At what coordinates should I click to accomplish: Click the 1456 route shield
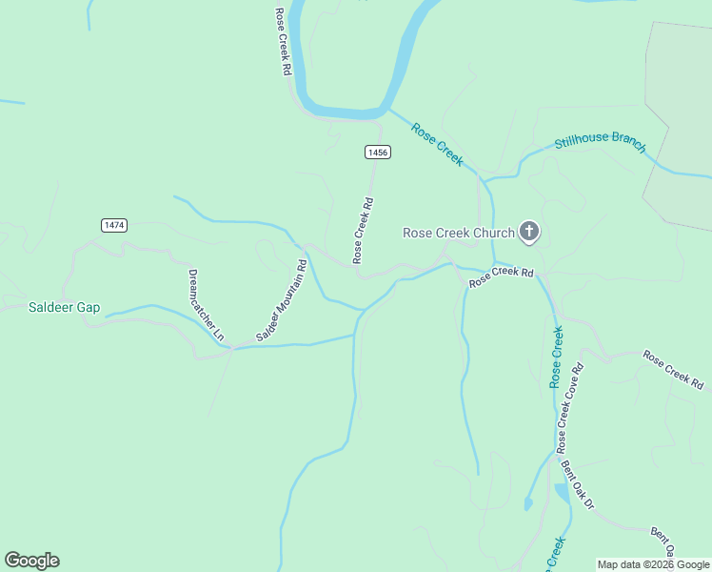pyautogui.click(x=378, y=153)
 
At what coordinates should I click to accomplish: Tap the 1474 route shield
pyautogui.click(x=114, y=225)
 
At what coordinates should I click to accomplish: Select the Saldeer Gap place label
pyautogui.click(x=64, y=308)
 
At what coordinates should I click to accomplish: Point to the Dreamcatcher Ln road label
pyautogui.click(x=205, y=305)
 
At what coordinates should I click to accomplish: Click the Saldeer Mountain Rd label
pyautogui.click(x=282, y=301)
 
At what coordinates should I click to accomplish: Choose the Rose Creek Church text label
pyautogui.click(x=459, y=233)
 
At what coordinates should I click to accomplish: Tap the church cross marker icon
pyautogui.click(x=530, y=232)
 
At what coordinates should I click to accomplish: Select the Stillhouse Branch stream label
pyautogui.click(x=601, y=143)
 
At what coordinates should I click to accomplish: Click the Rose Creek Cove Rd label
pyautogui.click(x=569, y=407)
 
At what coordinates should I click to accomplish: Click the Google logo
pyautogui.click(x=31, y=561)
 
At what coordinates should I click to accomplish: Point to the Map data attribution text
pyautogui.click(x=653, y=564)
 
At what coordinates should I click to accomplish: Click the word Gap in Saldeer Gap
pyautogui.click(x=89, y=308)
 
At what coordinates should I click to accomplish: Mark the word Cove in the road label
pyautogui.click(x=571, y=399)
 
